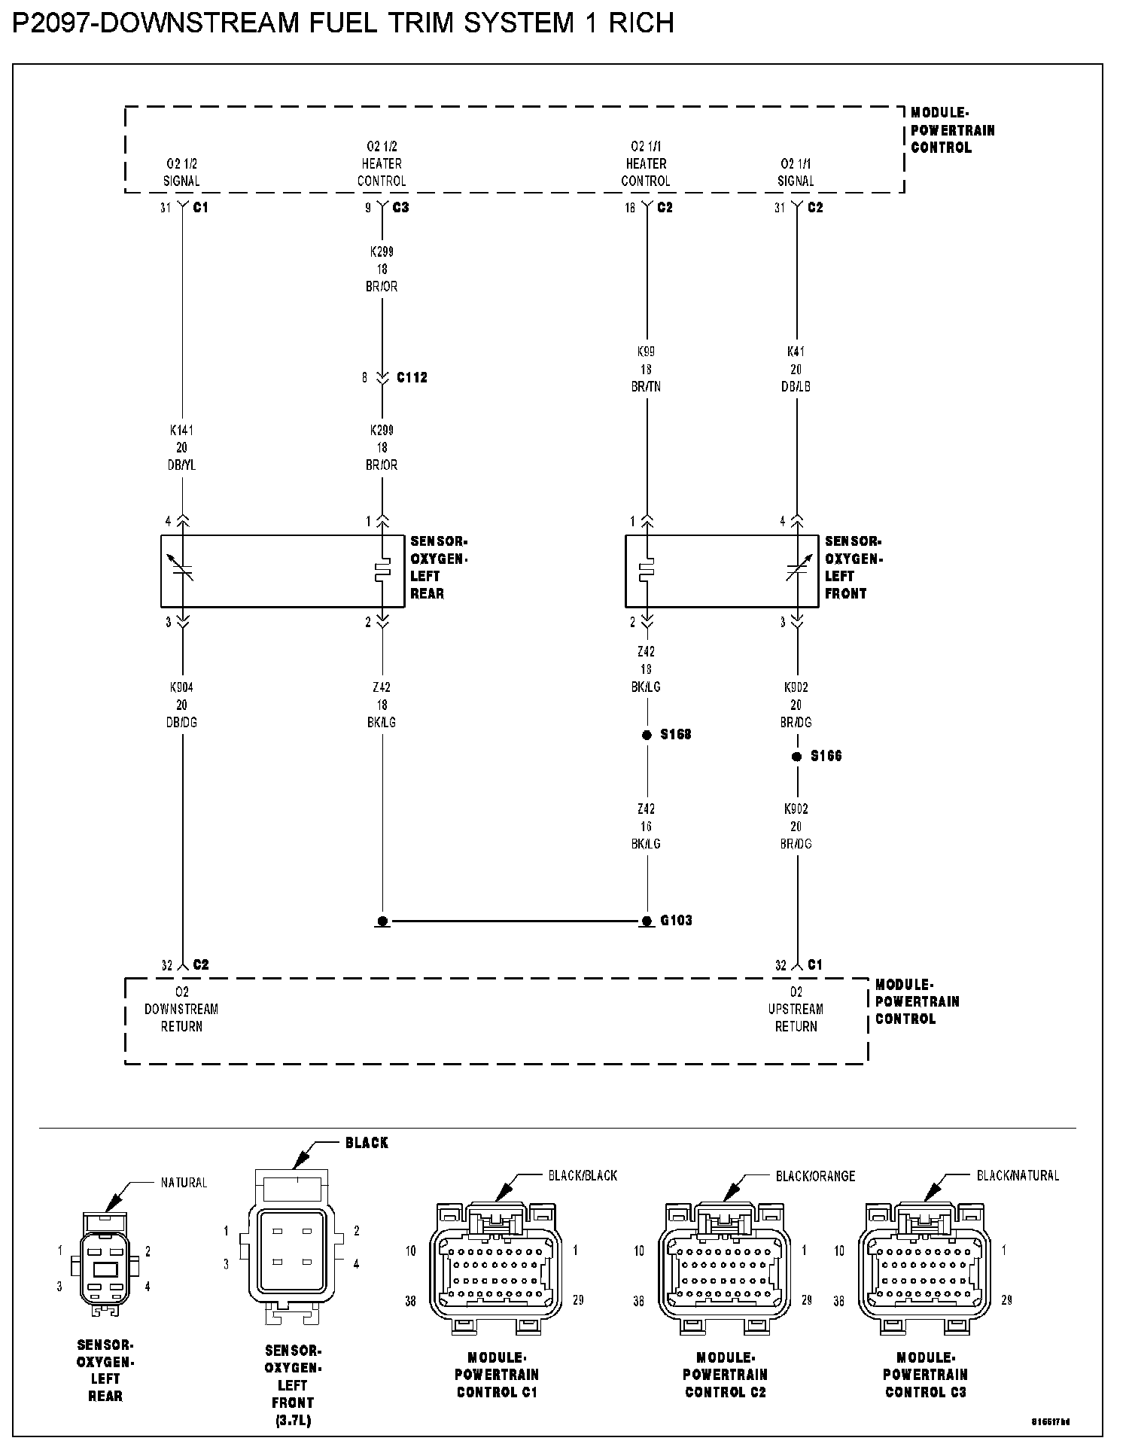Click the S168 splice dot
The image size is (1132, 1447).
pos(647,735)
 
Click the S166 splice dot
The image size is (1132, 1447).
pos(796,757)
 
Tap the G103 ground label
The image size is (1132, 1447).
pos(676,920)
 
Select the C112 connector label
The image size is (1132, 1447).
pos(412,377)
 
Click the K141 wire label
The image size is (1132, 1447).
pos(181,431)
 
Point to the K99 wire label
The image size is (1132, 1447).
pos(646,352)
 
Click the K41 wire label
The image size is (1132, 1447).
pos(796,352)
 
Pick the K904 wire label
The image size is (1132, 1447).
pos(181,687)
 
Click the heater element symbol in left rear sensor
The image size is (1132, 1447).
pos(382,571)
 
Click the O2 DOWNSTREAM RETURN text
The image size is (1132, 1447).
pos(181,1009)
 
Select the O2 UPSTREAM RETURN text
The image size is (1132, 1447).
pos(796,1009)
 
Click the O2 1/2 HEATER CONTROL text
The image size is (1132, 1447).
pos(382,163)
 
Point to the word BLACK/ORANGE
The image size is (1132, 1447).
pos(815,1175)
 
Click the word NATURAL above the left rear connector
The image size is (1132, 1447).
pos(184,1183)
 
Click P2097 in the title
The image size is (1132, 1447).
pos(51,24)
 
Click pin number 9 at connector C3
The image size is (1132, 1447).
pos(368,208)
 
